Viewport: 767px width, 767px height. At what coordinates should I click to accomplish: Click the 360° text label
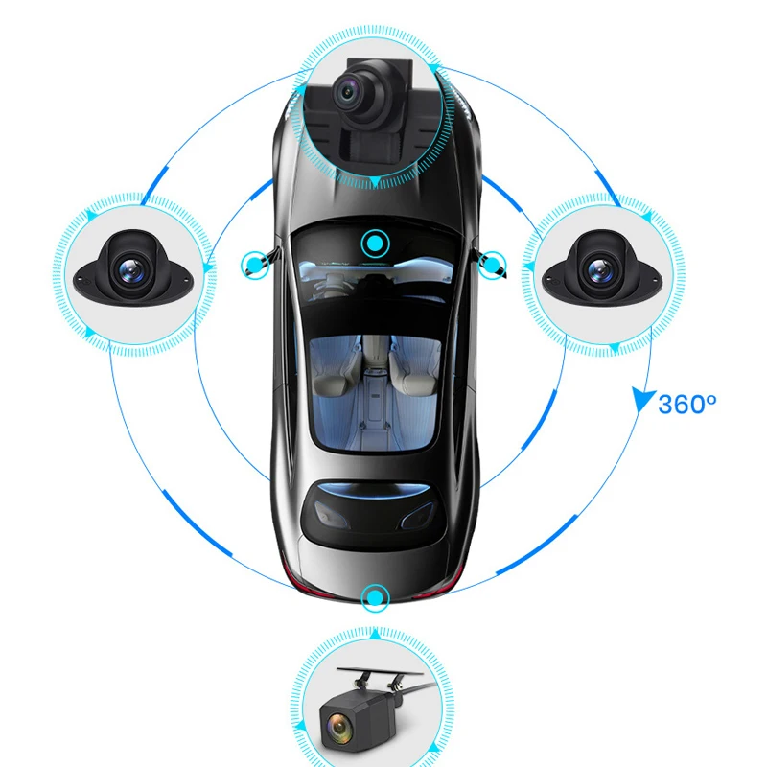coord(687,404)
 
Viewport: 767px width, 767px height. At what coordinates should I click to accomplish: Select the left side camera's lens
coord(125,271)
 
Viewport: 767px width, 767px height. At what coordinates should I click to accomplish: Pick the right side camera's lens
coord(598,271)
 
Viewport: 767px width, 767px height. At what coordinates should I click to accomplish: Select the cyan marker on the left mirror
coord(253,261)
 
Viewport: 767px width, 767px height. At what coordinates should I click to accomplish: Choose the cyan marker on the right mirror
coord(493,261)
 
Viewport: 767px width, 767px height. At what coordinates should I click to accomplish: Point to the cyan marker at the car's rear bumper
coord(373,599)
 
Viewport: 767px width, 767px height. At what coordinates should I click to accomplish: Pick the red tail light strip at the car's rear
coord(374,582)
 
